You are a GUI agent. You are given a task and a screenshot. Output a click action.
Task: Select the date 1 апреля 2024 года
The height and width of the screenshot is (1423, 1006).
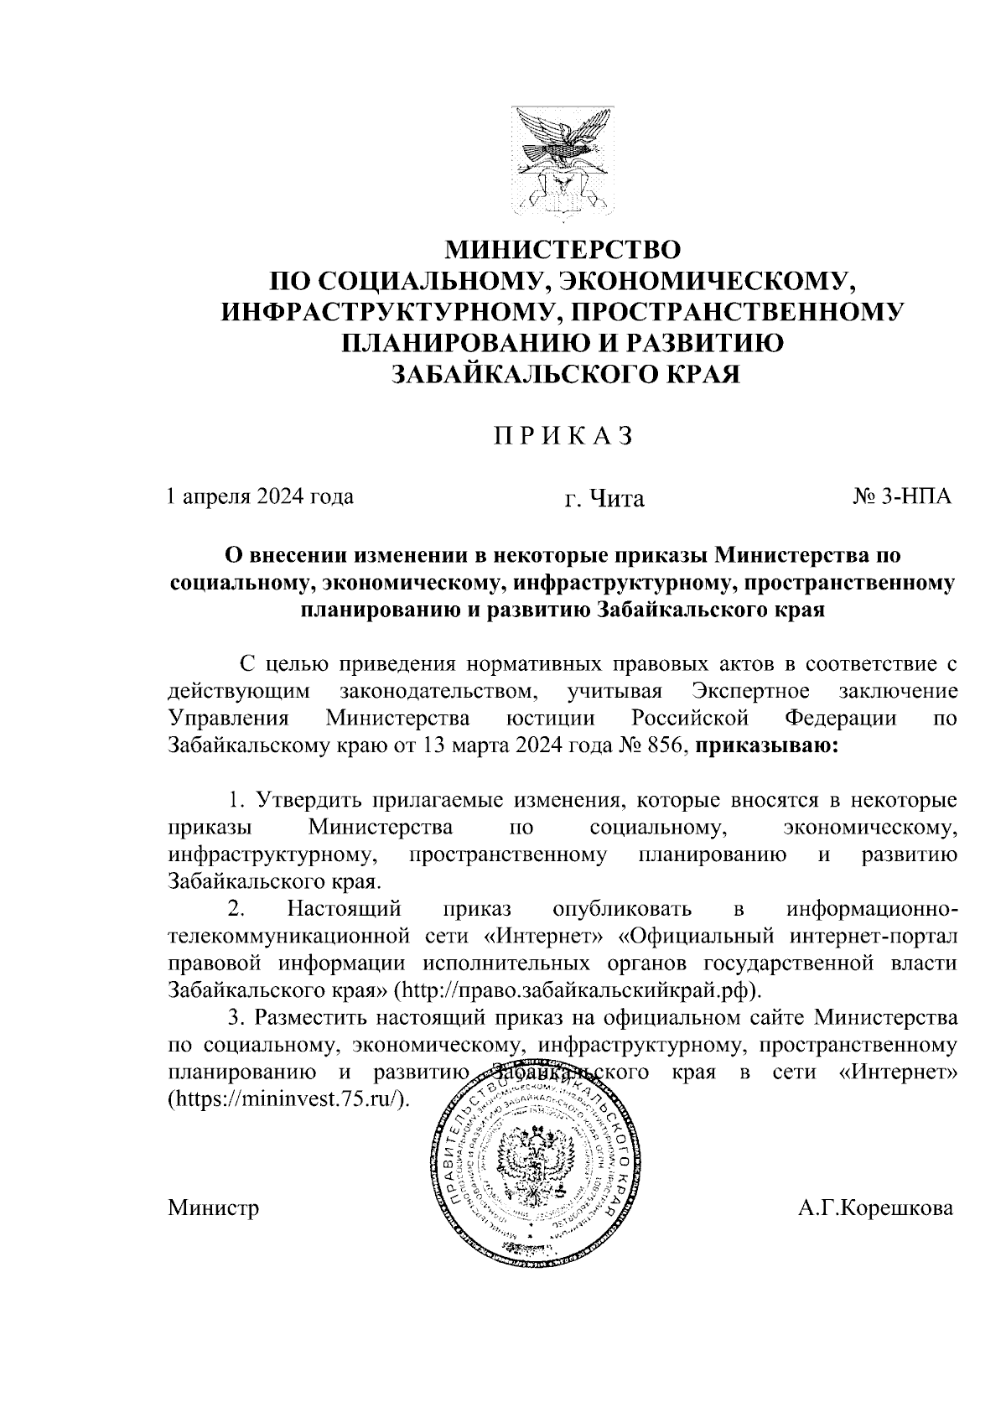point(260,496)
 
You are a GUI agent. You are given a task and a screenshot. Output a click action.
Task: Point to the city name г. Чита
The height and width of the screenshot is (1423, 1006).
point(604,499)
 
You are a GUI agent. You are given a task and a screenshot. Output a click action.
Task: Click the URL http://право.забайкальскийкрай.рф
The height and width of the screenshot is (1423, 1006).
point(578,989)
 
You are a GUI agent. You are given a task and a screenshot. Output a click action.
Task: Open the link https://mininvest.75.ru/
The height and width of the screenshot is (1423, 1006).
point(290,1098)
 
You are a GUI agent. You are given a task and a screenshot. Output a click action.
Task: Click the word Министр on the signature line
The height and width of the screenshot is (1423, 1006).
point(213,1208)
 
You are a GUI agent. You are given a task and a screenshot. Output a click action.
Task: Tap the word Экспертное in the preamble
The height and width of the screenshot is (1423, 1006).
point(752,692)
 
